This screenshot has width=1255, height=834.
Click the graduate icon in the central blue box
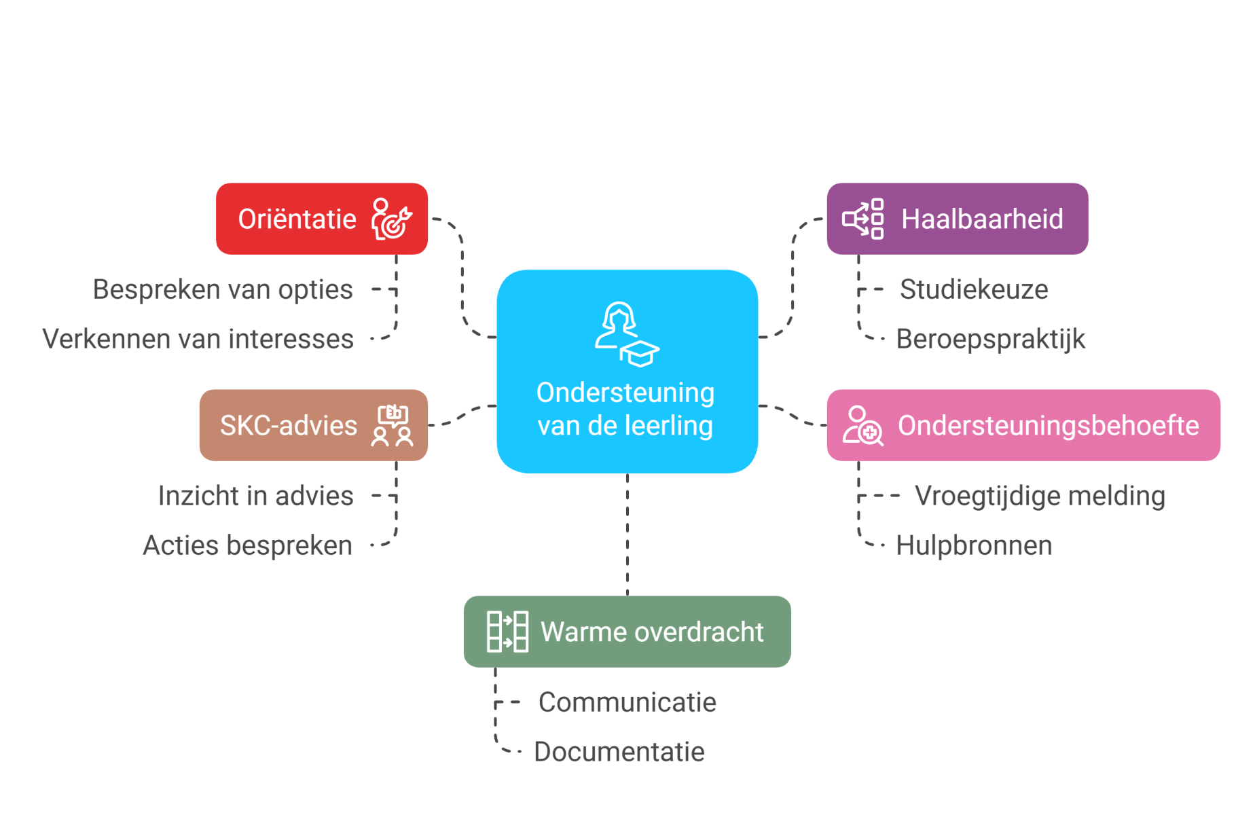point(627,334)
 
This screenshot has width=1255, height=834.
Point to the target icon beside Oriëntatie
point(391,219)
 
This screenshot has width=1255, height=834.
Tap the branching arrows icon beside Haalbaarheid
point(863,219)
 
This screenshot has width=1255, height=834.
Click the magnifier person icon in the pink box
point(862,425)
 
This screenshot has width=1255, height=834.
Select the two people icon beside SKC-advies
point(393,425)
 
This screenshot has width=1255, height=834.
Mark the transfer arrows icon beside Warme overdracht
point(507,632)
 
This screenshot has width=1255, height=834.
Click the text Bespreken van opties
point(223,289)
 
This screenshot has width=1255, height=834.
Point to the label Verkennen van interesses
point(198,339)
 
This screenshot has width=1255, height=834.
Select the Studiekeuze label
point(974,289)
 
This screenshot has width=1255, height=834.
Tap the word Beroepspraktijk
point(990,339)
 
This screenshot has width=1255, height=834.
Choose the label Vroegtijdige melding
point(1039,496)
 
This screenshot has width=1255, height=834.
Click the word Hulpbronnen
point(974,545)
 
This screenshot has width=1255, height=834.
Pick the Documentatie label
point(619,752)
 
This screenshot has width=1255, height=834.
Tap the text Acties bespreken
point(247,545)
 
